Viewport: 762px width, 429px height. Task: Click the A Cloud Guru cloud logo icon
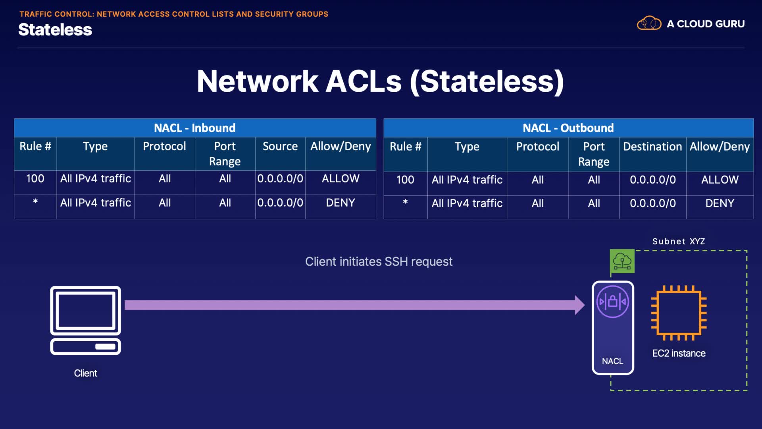[649, 23]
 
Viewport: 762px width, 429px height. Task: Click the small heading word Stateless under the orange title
[55, 30]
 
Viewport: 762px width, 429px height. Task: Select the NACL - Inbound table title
[194, 128]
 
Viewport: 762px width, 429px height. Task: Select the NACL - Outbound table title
[568, 128]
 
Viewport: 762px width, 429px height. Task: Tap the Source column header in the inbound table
[280, 147]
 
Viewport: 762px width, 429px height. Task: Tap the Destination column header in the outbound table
[652, 147]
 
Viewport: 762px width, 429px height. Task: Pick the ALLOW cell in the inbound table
[340, 179]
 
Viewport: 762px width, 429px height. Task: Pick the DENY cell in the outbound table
[719, 203]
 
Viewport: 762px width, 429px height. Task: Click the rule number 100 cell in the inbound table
[35, 179]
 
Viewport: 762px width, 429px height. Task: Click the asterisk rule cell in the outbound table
[405, 203]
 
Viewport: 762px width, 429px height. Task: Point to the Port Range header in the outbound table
[594, 154]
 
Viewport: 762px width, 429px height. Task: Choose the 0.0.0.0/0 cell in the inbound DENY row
[280, 203]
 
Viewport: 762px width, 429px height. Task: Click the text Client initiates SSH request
[379, 262]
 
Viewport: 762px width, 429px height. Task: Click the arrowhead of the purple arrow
[579, 305]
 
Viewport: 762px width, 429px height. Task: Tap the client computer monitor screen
[85, 310]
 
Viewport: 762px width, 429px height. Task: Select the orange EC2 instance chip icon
[679, 313]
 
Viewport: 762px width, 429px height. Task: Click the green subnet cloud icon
[622, 261]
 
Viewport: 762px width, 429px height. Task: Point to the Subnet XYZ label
[678, 242]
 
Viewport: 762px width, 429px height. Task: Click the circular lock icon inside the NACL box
[612, 302]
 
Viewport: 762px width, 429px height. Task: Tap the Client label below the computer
[85, 373]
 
